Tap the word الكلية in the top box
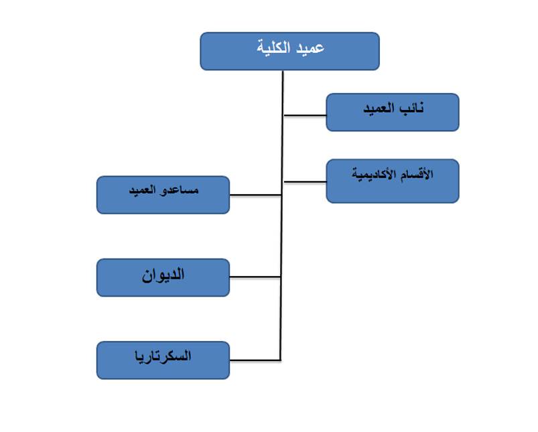[x=274, y=48]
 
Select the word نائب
[x=412, y=109]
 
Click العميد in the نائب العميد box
[x=379, y=109]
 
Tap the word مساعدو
[x=179, y=190]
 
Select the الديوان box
[x=163, y=277]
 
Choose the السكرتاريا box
[x=163, y=360]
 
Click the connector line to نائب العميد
[x=305, y=115]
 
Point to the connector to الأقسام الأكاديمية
[x=305, y=182]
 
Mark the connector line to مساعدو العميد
[x=256, y=195]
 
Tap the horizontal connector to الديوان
[x=255, y=277]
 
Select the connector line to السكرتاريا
[x=255, y=360]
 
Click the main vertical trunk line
[x=281, y=215]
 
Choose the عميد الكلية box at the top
[x=290, y=52]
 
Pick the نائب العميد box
[x=393, y=113]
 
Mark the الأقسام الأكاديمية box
[x=393, y=182]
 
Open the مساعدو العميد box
[x=163, y=195]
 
